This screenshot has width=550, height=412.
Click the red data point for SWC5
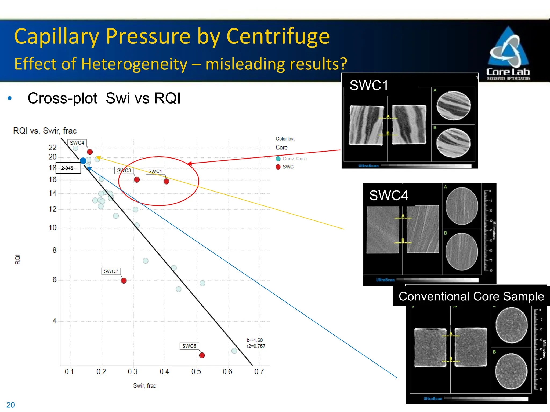(202, 355)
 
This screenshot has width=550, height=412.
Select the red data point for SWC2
(124, 281)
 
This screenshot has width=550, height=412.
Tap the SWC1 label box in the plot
(155, 171)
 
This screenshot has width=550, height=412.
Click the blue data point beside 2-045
(83, 161)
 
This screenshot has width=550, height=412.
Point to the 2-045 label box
(68, 168)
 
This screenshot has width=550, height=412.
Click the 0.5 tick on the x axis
(196, 372)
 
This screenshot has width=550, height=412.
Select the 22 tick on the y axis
(53, 147)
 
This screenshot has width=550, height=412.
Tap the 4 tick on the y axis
(55, 321)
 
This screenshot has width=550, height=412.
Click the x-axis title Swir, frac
(144, 386)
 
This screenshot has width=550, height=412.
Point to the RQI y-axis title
(17, 259)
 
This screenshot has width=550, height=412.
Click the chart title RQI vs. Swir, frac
(45, 131)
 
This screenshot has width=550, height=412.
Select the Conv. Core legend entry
(291, 159)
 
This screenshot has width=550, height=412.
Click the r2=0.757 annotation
(256, 346)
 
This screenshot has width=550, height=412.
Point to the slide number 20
(10, 405)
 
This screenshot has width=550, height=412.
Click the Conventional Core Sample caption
(471, 296)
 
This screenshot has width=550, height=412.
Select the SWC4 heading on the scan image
(389, 195)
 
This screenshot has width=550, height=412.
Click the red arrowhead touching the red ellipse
(189, 163)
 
